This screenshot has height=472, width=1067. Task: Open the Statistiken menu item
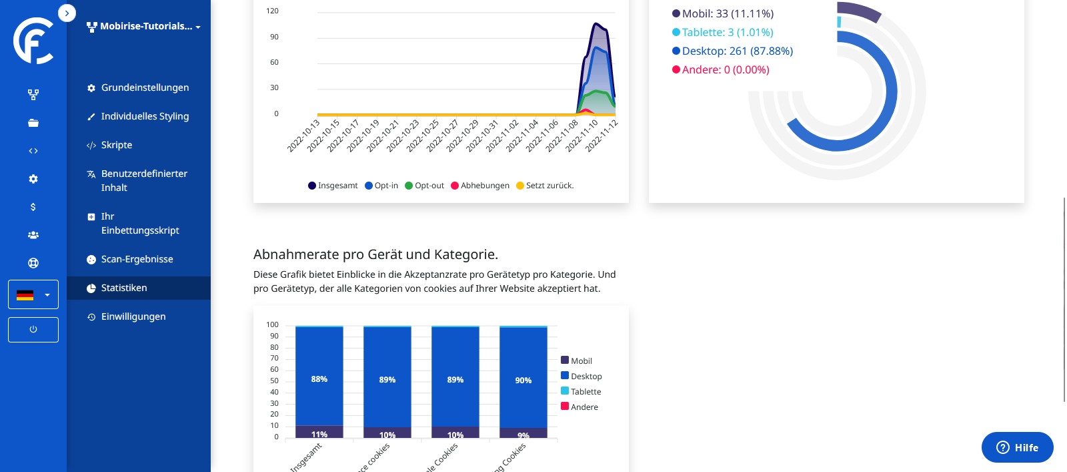124,288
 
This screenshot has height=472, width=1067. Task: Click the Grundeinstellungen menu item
145,87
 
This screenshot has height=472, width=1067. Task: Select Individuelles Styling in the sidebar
145,116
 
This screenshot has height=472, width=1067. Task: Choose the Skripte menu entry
117,145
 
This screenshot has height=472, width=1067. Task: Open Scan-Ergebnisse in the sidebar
137,259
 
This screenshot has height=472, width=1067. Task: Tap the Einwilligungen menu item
133,316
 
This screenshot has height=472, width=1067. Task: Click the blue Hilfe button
1017,447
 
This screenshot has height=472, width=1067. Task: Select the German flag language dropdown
33,294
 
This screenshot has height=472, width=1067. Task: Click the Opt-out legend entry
425,186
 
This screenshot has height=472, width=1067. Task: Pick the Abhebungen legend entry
480,186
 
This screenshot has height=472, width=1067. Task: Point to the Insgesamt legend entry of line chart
333,186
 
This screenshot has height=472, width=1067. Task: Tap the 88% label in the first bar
319,379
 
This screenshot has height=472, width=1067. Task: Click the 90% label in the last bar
523,381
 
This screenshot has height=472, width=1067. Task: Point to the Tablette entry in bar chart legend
582,392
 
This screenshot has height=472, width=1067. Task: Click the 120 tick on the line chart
273,11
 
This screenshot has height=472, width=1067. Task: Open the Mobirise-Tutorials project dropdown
144,27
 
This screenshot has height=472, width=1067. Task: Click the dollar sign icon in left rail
33,207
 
